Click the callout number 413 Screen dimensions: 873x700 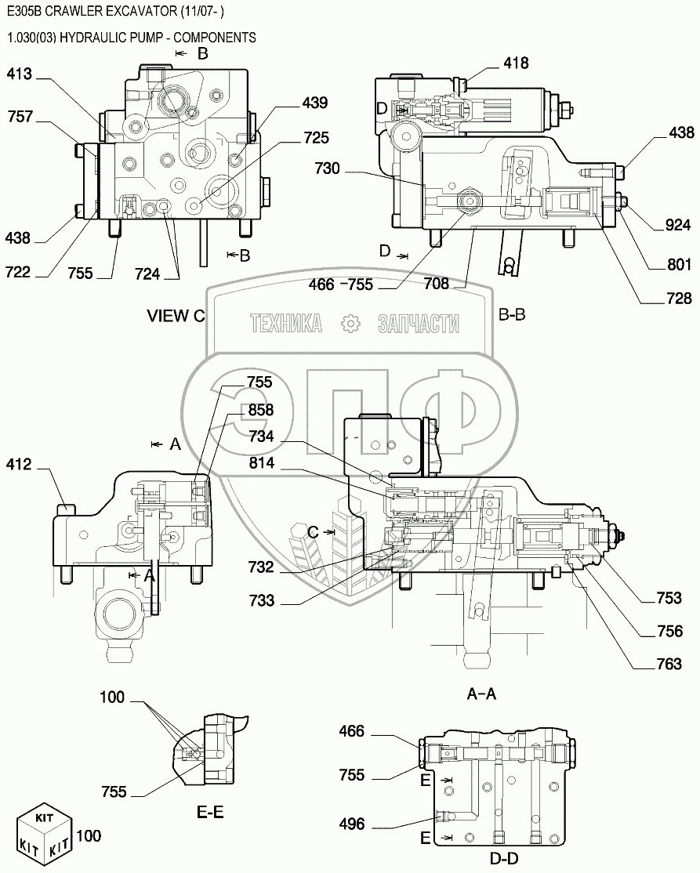coord(20,74)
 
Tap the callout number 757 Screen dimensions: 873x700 coord(20,118)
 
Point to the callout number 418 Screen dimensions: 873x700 coord(517,63)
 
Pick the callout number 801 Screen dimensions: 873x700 coord(679,265)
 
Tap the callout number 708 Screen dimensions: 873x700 coord(437,284)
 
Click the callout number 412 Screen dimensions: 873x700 coord(19,465)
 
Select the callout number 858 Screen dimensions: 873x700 coord(261,411)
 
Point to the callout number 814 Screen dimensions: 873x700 coord(263,463)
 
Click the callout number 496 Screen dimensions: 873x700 coord(352,824)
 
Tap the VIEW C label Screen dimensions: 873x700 coord(176,316)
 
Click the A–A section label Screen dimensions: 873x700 coord(481,694)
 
